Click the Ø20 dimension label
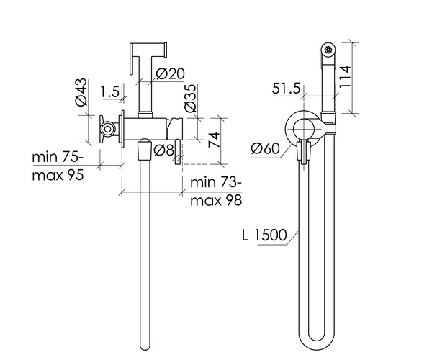(x=170, y=74)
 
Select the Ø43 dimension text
(x=81, y=92)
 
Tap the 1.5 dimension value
(x=110, y=92)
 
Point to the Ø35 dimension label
(x=191, y=98)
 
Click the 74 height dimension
(x=214, y=140)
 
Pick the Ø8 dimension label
(x=164, y=150)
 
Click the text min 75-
(x=58, y=158)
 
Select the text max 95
(x=58, y=175)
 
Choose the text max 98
(x=216, y=200)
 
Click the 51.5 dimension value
(x=287, y=89)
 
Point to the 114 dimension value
(x=345, y=77)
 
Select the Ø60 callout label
(x=265, y=149)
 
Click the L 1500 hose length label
(x=264, y=235)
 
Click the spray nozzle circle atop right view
(x=329, y=50)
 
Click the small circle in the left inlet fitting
(x=107, y=129)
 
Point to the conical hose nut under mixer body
(x=145, y=150)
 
